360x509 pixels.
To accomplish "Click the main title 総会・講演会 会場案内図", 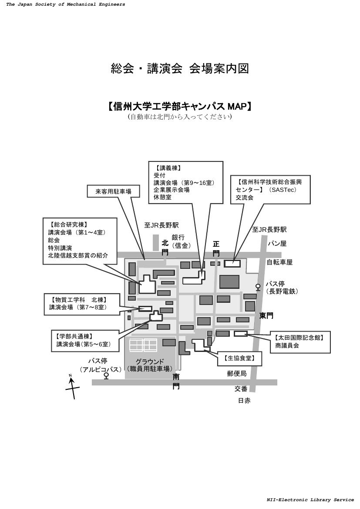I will tap(180, 69).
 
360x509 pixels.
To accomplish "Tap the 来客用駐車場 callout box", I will tap(114, 191).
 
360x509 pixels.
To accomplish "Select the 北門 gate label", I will tap(165, 247).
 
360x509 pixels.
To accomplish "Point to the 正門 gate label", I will tap(216, 248).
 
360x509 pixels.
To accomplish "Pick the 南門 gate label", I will tap(176, 381).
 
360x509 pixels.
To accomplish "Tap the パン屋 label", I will tap(277, 244).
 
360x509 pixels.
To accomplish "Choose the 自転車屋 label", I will tap(279, 262).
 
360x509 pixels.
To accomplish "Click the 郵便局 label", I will tap(236, 373).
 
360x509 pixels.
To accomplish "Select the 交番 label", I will tap(241, 388).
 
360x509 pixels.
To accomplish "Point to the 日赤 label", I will tap(244, 401).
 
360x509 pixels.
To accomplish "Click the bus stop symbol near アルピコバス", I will tap(106, 375).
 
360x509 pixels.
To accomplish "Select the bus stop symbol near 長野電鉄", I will tap(258, 287).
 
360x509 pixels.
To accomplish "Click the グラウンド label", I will tap(150, 362).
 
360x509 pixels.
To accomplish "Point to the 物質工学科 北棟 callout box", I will tap(81, 304).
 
